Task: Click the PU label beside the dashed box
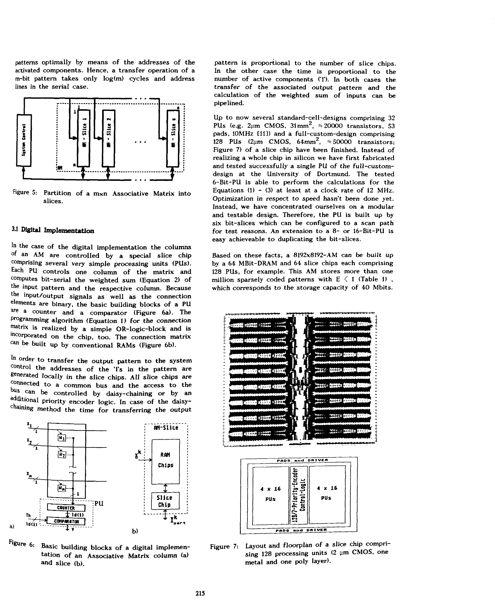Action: (99, 504)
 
